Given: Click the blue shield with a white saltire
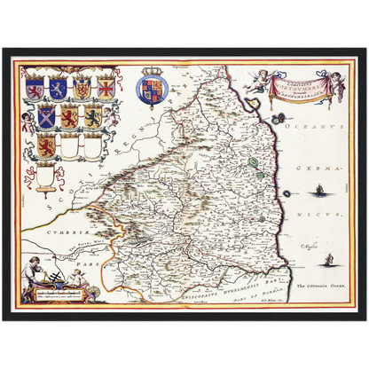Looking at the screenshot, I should [x=45, y=116].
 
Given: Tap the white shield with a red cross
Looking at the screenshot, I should [x=106, y=88].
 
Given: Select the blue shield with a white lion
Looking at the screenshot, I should [x=58, y=88].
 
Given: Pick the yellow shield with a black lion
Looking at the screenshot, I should [x=92, y=116].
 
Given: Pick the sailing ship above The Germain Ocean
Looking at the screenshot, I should [x=328, y=259].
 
